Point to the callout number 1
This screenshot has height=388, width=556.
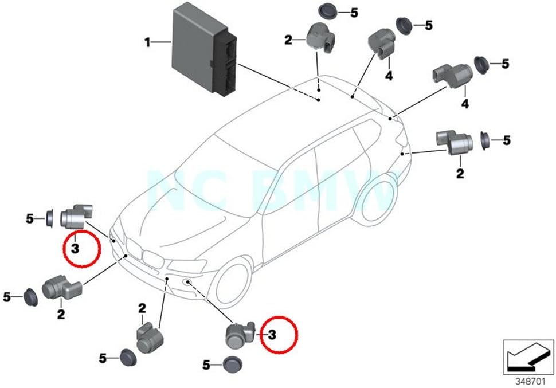pyautogui.click(x=147, y=42)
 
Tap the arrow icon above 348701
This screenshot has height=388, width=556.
pyautogui.click(x=526, y=356)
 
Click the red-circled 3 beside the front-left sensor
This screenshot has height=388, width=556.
pyautogui.click(x=75, y=249)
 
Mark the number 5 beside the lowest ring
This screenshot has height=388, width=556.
pyautogui.click(x=207, y=364)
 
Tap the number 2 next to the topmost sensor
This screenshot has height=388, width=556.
pyautogui.click(x=288, y=40)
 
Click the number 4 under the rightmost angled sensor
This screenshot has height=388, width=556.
pyautogui.click(x=465, y=104)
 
